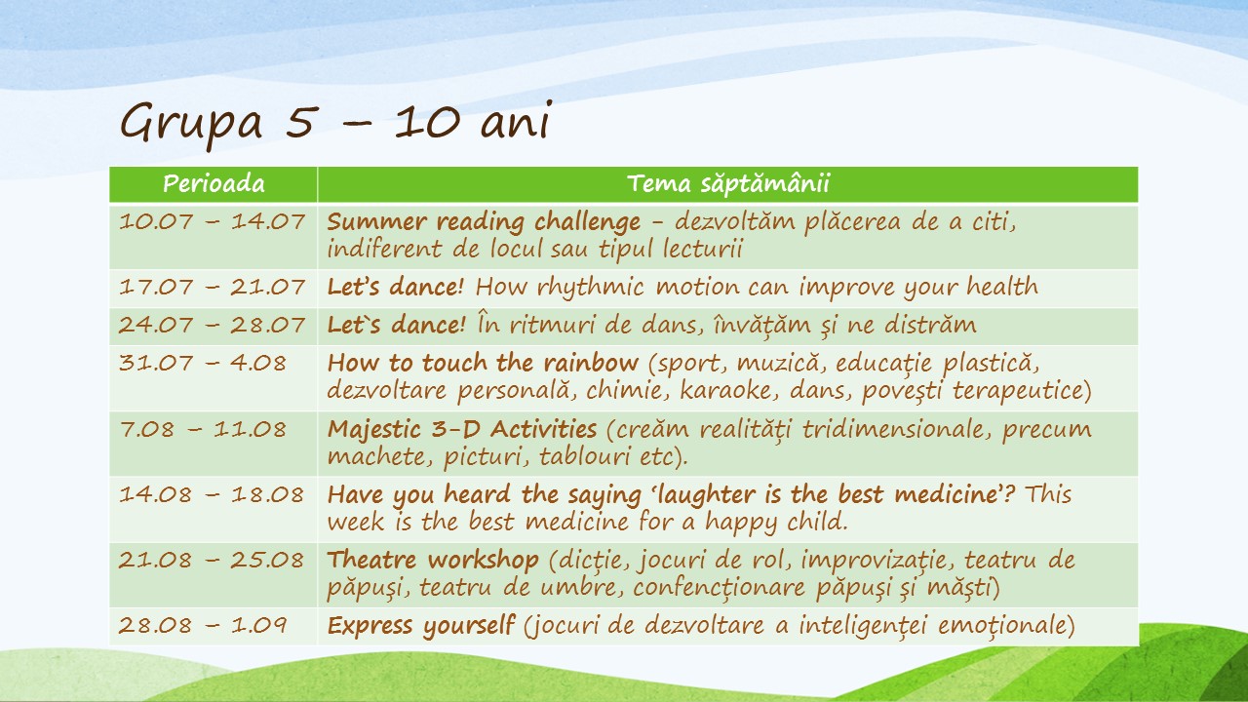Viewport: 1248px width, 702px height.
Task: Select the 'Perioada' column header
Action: pos(214,184)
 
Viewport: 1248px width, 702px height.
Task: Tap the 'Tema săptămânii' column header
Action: pos(728,183)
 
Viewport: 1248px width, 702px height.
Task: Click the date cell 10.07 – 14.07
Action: pos(212,221)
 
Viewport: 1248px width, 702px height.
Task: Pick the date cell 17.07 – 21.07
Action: pos(212,288)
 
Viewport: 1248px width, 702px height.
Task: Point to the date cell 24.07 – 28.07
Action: pos(212,325)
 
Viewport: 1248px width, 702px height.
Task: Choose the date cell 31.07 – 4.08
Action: pos(202,364)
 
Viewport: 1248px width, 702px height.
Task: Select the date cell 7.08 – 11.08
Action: pos(203,430)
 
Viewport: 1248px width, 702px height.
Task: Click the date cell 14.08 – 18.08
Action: pos(212,494)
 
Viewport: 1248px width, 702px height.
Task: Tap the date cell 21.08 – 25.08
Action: pos(212,560)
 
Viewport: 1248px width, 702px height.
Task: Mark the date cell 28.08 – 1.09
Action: pos(203,625)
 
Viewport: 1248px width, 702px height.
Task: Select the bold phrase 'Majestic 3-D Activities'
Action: pos(462,430)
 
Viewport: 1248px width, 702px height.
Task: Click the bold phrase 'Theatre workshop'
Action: pos(433,560)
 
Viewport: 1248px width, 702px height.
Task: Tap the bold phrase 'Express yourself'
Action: pos(420,626)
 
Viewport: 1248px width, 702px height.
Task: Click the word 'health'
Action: pos(1002,287)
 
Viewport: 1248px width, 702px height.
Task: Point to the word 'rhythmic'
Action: pos(591,288)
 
